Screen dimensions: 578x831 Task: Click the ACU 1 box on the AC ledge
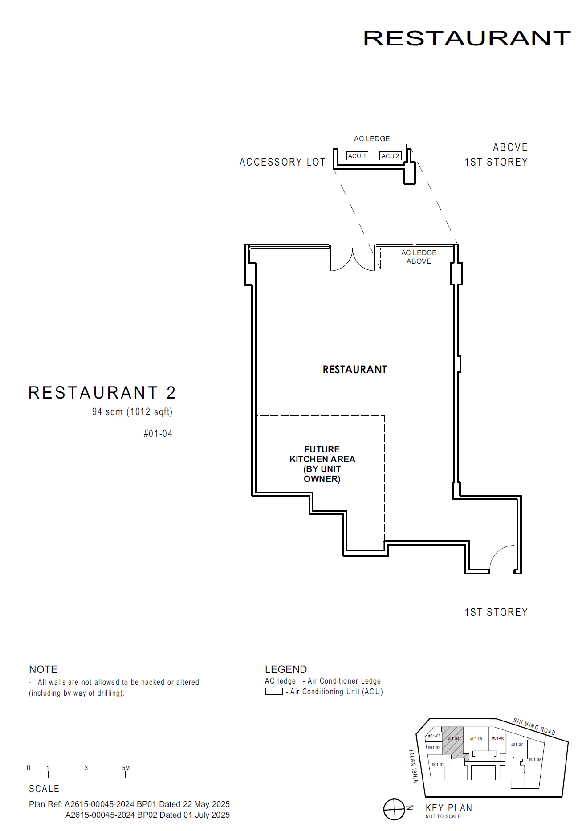(357, 156)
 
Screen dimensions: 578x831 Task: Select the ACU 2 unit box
(391, 156)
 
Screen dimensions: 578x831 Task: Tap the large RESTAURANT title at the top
(467, 38)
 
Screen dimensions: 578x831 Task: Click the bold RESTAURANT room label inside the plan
(354, 370)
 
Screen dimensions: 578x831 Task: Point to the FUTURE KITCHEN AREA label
(322, 464)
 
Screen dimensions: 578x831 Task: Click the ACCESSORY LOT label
(282, 162)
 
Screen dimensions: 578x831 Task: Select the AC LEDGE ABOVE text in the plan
(419, 257)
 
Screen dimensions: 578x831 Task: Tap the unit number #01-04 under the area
(158, 434)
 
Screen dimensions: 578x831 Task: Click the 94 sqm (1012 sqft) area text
(132, 412)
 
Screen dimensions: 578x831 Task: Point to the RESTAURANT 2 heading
(102, 393)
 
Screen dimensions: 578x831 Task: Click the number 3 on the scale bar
(86, 768)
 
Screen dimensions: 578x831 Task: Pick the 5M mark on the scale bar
(126, 768)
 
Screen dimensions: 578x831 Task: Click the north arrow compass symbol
(395, 809)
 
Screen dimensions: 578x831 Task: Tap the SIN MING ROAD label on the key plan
(534, 726)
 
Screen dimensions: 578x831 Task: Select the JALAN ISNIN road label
(414, 766)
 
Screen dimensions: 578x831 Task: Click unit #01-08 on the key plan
(535, 760)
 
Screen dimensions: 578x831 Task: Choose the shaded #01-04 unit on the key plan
(453, 741)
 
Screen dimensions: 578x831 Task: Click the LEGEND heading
(286, 669)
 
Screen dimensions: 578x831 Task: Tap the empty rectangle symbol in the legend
(274, 691)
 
